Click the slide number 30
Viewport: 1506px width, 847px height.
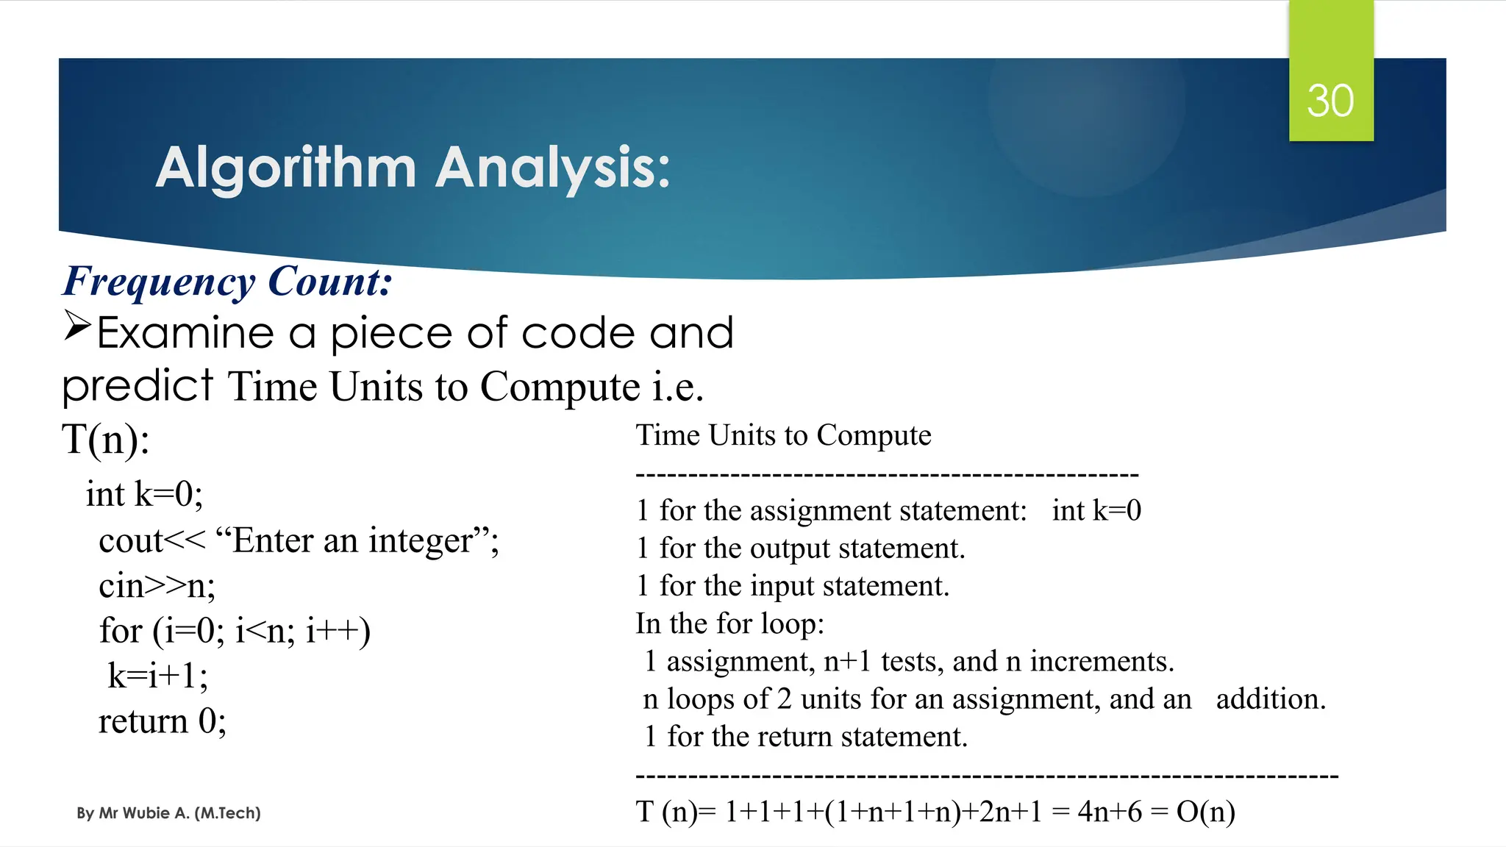[1330, 101]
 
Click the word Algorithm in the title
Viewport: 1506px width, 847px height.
[286, 168]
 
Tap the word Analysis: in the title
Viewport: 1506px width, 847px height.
[552, 168]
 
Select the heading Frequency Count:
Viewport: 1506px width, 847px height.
[227, 282]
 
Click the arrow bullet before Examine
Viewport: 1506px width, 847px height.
[76, 325]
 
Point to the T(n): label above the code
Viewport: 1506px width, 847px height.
[106, 440]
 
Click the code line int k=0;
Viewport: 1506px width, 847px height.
[144, 494]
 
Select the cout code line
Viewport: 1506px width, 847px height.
[299, 540]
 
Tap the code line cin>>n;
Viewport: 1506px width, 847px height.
[157, 586]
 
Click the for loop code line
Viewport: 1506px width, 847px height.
[235, 631]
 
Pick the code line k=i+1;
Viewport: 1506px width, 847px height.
[157, 676]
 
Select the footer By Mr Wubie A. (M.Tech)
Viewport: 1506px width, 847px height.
[168, 813]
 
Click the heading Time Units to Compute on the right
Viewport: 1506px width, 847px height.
[783, 435]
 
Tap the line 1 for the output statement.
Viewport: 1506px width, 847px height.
[800, 548]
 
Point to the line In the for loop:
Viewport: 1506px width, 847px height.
[729, 623]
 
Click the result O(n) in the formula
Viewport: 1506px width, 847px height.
[1205, 812]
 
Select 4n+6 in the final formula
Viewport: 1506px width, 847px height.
[1110, 812]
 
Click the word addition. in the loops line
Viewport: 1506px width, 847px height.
[1270, 699]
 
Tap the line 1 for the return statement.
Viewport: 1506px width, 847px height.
[805, 737]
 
